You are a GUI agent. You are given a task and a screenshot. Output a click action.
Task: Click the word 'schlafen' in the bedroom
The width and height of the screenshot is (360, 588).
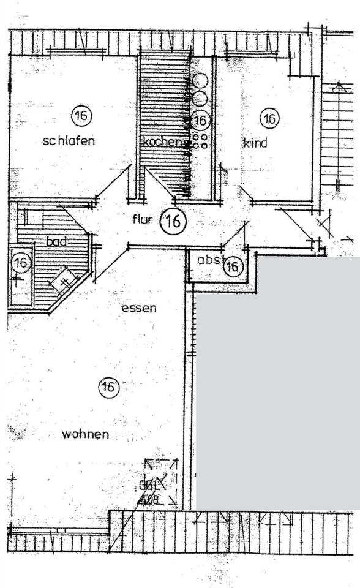[69, 141]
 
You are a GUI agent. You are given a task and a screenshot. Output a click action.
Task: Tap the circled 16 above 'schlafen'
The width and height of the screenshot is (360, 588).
[80, 115]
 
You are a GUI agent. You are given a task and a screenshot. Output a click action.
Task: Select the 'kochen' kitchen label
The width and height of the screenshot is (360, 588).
[162, 143]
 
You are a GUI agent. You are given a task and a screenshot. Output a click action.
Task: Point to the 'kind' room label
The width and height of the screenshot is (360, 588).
[255, 144]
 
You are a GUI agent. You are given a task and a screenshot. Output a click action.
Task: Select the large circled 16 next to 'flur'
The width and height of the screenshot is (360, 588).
[173, 222]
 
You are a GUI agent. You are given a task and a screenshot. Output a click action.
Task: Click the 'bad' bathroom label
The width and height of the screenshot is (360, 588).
[56, 242]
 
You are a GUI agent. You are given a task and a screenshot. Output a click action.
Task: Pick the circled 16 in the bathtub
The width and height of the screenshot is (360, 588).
[21, 263]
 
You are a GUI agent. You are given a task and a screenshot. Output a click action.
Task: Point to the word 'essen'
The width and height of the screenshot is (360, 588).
[138, 308]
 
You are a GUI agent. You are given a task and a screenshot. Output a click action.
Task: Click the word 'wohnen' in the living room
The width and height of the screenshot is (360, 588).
[85, 434]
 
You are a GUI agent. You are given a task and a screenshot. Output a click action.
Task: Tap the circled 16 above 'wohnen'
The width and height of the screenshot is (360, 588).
[108, 387]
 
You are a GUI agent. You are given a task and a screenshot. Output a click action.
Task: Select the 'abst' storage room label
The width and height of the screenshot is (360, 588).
[208, 260]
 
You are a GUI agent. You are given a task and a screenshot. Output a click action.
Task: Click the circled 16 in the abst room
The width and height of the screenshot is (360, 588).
[232, 266]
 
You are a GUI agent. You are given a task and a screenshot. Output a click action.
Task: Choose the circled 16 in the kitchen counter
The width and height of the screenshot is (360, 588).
[201, 119]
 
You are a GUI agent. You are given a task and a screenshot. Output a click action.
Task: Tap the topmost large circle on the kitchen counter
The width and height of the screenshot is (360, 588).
[201, 80]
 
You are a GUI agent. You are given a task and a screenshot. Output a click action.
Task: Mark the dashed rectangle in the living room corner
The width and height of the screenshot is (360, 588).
[161, 482]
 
